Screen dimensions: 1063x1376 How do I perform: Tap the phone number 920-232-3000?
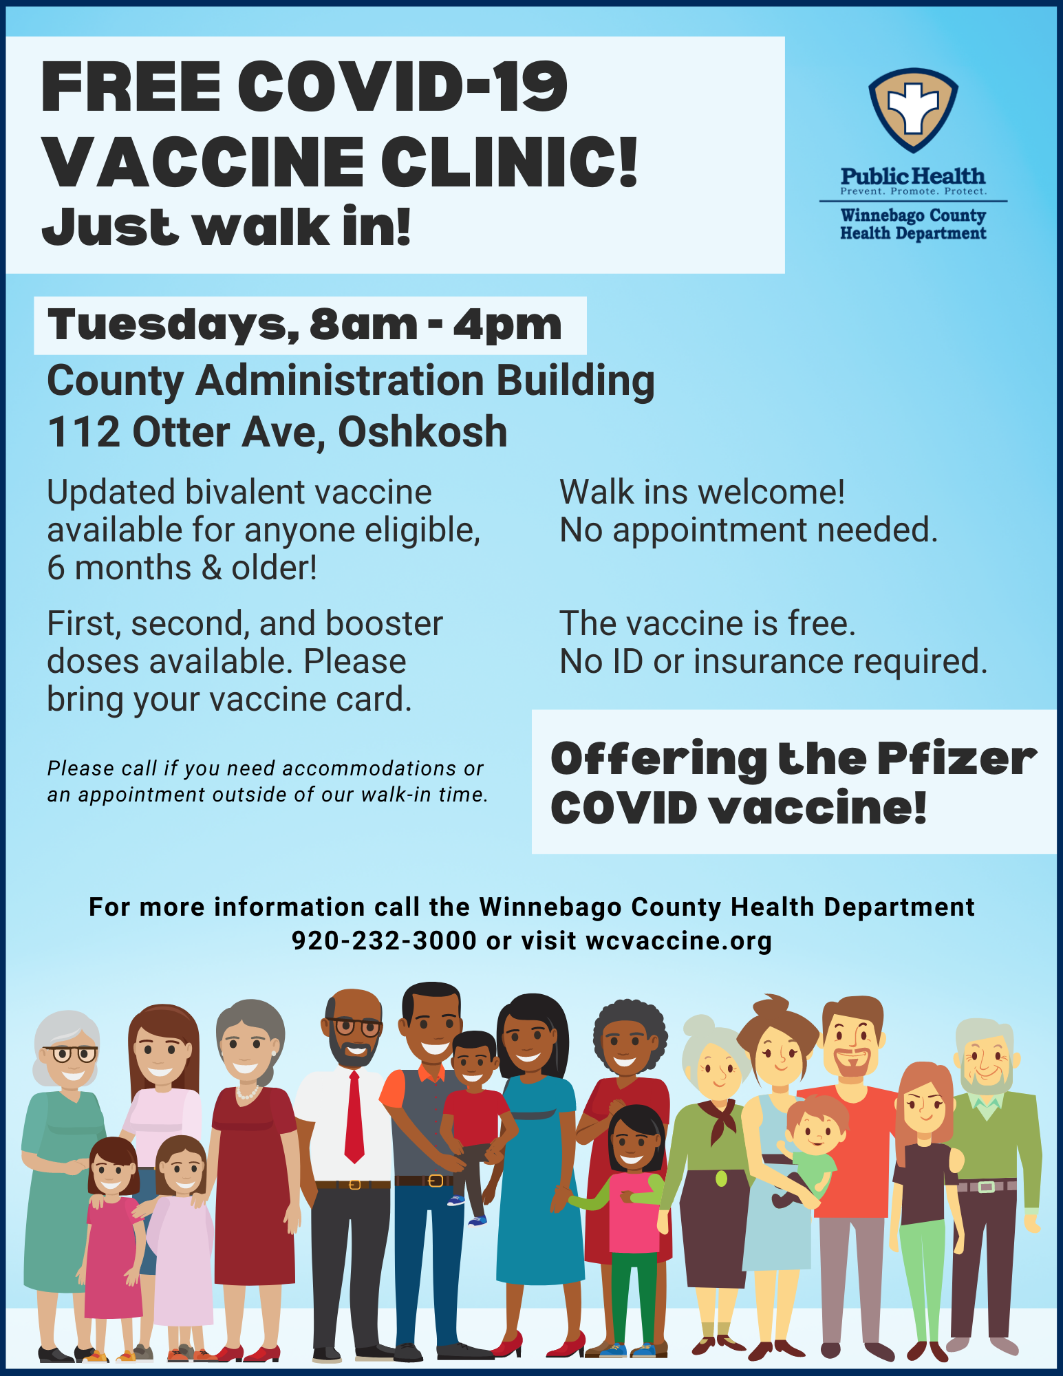(384, 940)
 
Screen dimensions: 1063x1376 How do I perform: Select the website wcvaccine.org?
(679, 941)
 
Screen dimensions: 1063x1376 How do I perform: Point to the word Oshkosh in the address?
(422, 432)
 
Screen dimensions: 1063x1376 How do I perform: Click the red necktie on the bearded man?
(354, 1117)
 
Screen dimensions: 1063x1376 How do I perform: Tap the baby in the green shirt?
(810, 1150)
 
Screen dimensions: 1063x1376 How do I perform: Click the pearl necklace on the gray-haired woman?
(248, 1092)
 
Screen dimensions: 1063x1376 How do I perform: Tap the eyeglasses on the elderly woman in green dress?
(69, 1053)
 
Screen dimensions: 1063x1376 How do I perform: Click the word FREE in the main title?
(131, 87)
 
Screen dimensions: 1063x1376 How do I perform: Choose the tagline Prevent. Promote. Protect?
(913, 191)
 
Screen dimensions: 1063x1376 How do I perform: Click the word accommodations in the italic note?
(369, 768)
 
